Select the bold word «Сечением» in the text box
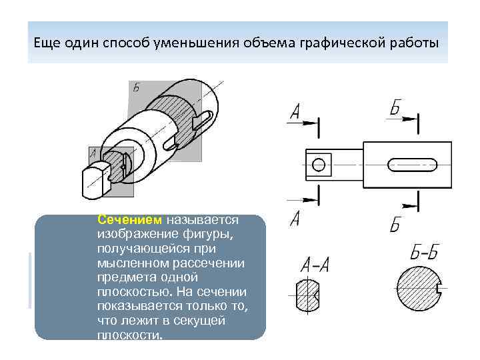pos(129,219)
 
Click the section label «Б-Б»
pos(424,253)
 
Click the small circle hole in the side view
pos(319,163)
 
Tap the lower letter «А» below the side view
pos(295,217)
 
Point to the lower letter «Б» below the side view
pos(396,224)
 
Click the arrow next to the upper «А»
pos(305,123)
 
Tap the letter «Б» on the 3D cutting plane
pos(136,87)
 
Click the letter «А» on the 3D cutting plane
pos(93,154)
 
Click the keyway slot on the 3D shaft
pos(203,120)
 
